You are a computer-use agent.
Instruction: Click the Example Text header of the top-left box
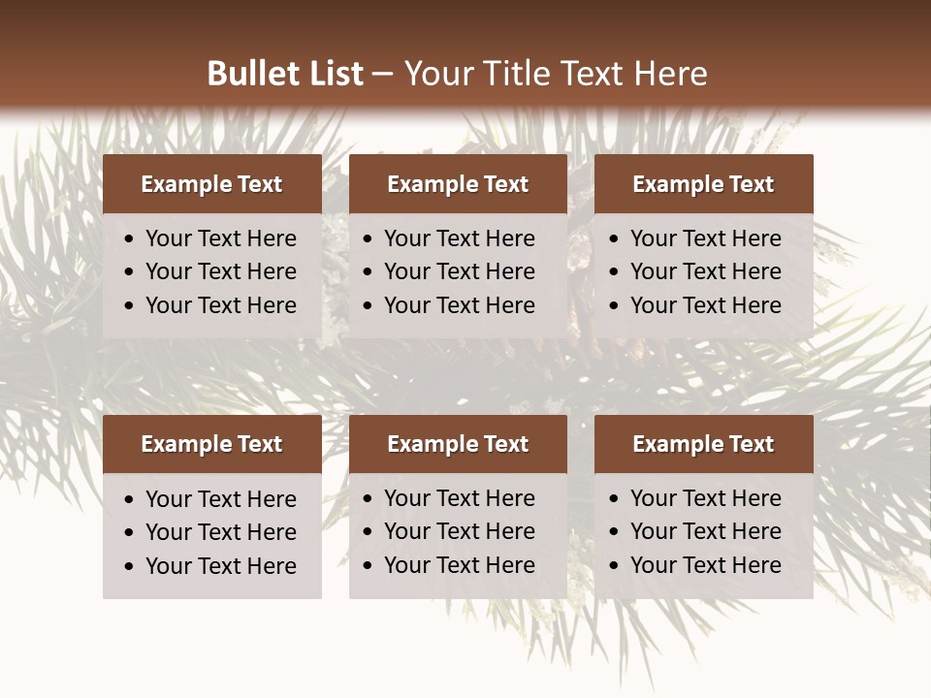211,184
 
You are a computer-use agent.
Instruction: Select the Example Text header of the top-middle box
458,184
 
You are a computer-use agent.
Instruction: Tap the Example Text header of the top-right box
703,184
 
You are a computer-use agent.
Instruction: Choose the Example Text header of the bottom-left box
211,444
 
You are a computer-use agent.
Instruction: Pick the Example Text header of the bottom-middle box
458,444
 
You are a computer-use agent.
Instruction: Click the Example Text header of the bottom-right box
703,444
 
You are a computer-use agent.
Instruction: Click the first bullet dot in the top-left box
130,239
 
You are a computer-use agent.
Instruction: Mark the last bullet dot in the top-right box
615,306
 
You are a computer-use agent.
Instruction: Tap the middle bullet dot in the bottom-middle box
369,532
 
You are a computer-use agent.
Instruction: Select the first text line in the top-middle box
459,238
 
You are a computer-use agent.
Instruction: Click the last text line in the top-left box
220,305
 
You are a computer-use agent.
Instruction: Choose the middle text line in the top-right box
705,271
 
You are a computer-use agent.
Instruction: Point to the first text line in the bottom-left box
220,499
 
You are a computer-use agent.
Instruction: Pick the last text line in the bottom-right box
705,565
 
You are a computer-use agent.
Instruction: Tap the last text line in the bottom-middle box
459,565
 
